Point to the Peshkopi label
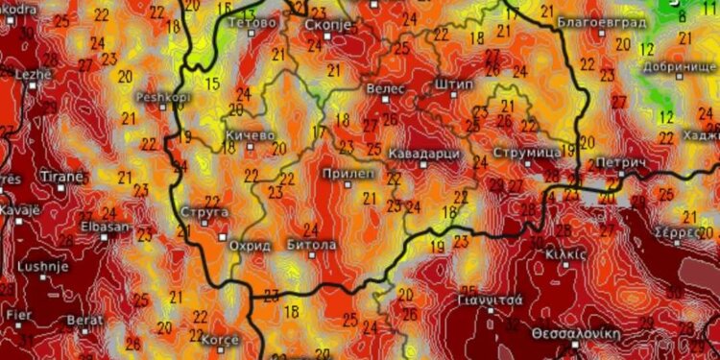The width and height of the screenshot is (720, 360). coord(159,97)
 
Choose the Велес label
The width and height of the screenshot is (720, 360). coord(387,88)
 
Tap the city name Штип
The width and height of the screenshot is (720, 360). coord(454,84)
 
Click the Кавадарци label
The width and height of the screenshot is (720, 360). coord(426,154)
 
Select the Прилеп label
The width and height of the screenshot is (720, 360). coord(343,173)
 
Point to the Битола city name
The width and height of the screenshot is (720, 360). coord(312,245)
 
